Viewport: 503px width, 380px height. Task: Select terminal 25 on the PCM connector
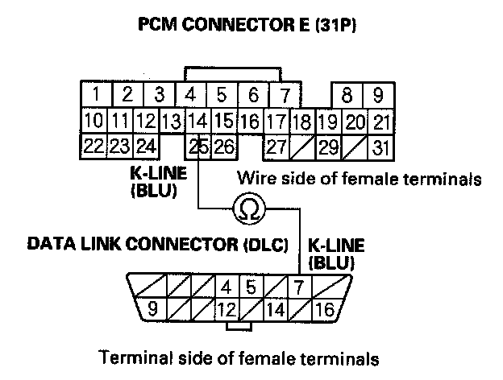(x=197, y=147)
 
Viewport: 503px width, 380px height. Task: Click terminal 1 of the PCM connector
(x=96, y=93)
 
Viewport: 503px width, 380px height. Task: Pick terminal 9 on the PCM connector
(x=377, y=94)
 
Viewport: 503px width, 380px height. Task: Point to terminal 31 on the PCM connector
(x=380, y=147)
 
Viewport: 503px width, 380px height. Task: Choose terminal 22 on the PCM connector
(x=94, y=147)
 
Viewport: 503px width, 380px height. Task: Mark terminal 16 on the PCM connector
(x=250, y=122)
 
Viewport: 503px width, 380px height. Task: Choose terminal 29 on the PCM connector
(x=327, y=147)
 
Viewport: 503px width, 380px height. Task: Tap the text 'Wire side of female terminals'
(x=359, y=177)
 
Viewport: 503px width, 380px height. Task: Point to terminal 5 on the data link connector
(x=251, y=286)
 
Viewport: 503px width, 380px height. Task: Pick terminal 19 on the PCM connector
(x=327, y=122)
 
